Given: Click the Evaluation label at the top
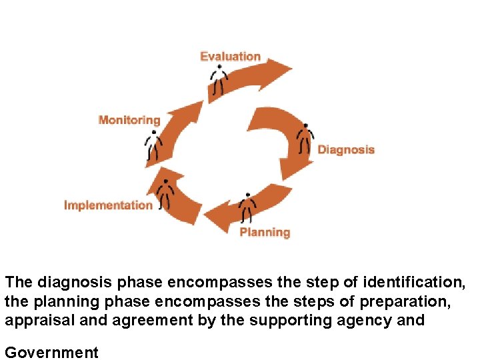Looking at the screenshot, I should coord(230,57).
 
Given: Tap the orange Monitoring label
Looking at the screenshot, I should coord(129,120).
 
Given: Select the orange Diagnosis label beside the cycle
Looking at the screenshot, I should coord(346,149).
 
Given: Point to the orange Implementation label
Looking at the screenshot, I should coord(108,205).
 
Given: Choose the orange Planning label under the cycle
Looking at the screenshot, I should coord(265,232).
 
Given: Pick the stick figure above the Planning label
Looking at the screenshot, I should coord(247,208).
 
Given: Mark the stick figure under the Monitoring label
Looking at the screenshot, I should coord(154,145).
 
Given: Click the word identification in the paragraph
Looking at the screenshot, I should coord(409,283).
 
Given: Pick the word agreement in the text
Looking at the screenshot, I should coord(141,320).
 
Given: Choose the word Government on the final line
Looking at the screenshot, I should coord(51,352).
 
